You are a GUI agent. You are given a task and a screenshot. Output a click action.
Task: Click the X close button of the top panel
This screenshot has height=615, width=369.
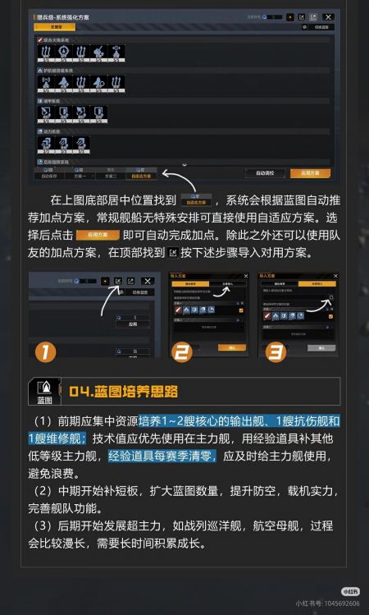click(328, 16)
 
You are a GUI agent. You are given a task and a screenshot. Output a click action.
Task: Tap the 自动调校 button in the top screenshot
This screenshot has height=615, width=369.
click(264, 173)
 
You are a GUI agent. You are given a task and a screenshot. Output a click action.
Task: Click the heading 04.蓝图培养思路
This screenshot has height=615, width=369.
click(124, 391)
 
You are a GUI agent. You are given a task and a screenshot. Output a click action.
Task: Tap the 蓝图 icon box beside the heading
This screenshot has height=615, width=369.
click(44, 392)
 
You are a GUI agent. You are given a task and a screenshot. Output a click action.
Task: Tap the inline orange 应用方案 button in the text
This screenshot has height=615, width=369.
click(91, 235)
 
